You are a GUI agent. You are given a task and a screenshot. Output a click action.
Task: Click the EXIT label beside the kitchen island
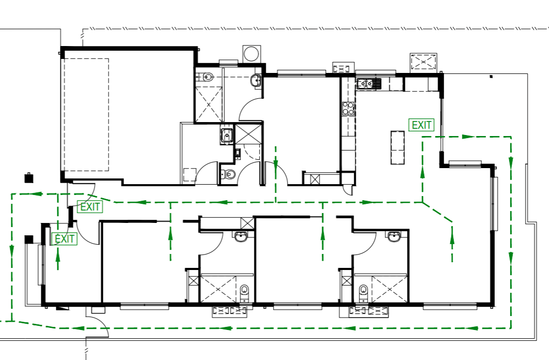(421, 125)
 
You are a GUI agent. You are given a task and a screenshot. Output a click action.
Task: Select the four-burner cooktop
(348, 109)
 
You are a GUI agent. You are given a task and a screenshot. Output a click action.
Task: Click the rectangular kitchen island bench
(398, 147)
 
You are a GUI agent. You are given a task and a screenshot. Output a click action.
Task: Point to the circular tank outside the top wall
(252, 54)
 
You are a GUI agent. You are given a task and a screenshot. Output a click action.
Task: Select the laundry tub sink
(227, 135)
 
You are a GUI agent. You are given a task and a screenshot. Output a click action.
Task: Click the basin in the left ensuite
(241, 237)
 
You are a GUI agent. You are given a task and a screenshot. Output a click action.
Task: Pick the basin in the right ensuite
(394, 237)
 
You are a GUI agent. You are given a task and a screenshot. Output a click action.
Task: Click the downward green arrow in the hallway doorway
(276, 163)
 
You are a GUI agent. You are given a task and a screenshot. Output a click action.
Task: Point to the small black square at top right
(491, 76)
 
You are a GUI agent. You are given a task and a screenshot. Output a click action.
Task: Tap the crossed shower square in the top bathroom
(208, 104)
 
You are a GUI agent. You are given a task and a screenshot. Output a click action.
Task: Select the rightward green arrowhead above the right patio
(468, 137)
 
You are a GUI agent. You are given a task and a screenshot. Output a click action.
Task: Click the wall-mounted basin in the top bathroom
(255, 81)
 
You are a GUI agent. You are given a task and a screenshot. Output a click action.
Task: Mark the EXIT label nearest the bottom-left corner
(65, 239)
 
